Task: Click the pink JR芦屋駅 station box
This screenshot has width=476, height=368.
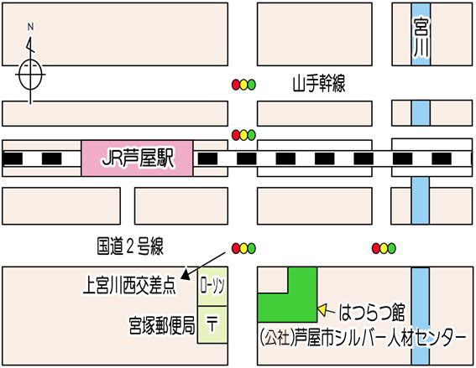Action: (137, 158)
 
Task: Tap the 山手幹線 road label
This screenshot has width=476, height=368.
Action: (319, 84)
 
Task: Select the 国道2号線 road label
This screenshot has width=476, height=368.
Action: (130, 246)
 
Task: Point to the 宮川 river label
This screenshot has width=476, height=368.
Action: (421, 38)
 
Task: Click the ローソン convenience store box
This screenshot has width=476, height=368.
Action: (212, 287)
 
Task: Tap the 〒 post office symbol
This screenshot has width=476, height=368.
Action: (212, 323)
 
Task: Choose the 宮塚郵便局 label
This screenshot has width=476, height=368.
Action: (162, 325)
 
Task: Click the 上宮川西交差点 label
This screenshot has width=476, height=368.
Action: (129, 285)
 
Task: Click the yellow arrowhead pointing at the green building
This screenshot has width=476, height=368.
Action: (322, 309)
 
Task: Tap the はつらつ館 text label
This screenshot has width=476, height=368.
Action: (372, 313)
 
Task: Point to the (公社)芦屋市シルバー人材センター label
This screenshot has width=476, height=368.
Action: (363, 336)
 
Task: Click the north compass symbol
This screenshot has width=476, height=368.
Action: (30, 74)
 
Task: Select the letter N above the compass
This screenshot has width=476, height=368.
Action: (30, 27)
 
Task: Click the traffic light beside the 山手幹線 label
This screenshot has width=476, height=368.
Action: (243, 85)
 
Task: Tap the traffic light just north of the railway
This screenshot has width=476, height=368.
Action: (243, 135)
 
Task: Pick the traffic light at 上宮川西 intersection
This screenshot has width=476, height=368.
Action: (243, 248)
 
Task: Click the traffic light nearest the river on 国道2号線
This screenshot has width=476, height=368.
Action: (384, 248)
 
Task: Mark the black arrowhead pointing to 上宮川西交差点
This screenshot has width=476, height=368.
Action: (186, 275)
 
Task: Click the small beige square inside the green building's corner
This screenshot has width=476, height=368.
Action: (273, 280)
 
